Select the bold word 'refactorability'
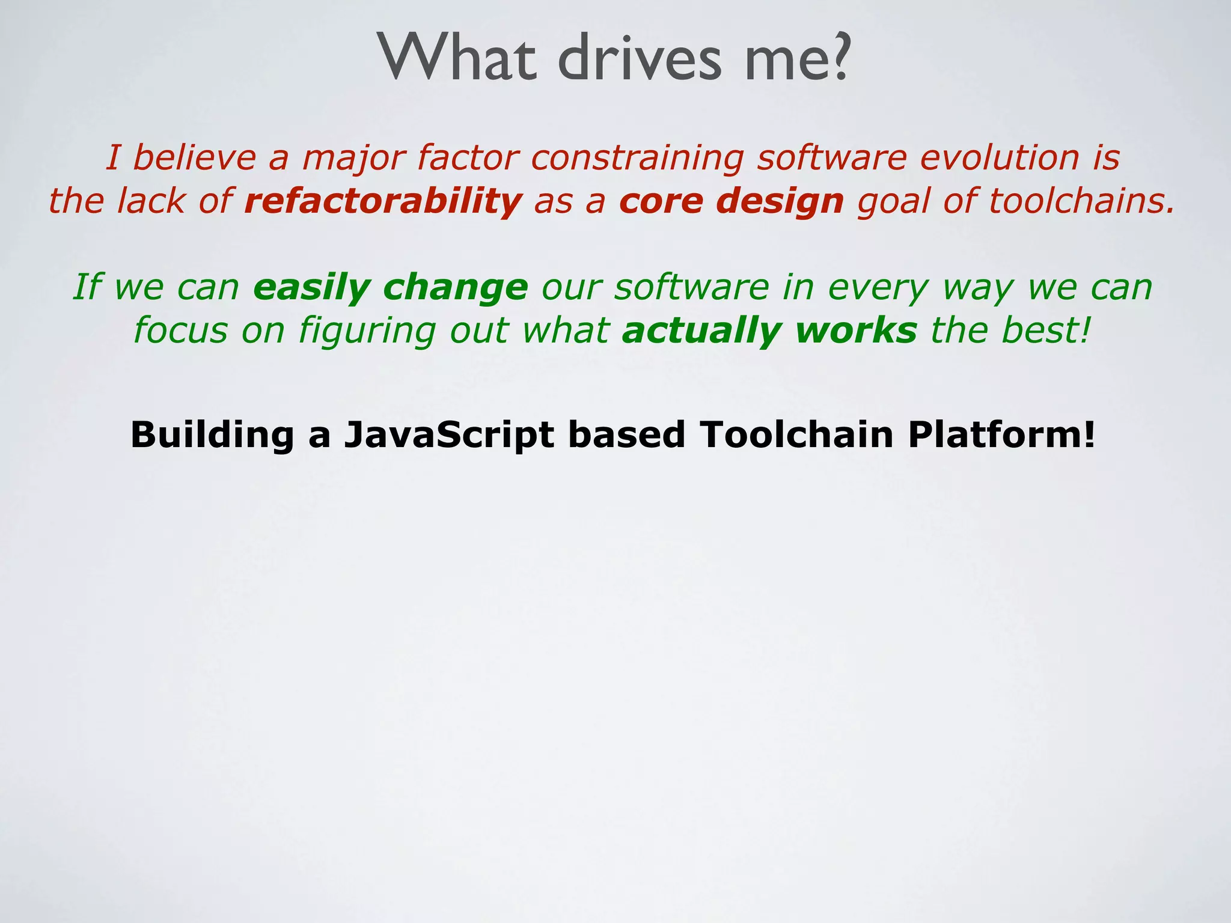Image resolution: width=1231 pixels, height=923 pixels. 383,201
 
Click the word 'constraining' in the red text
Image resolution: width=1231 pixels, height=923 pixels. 637,159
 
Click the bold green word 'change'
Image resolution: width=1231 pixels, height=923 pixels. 455,288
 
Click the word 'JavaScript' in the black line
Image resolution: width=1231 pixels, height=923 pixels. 448,435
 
